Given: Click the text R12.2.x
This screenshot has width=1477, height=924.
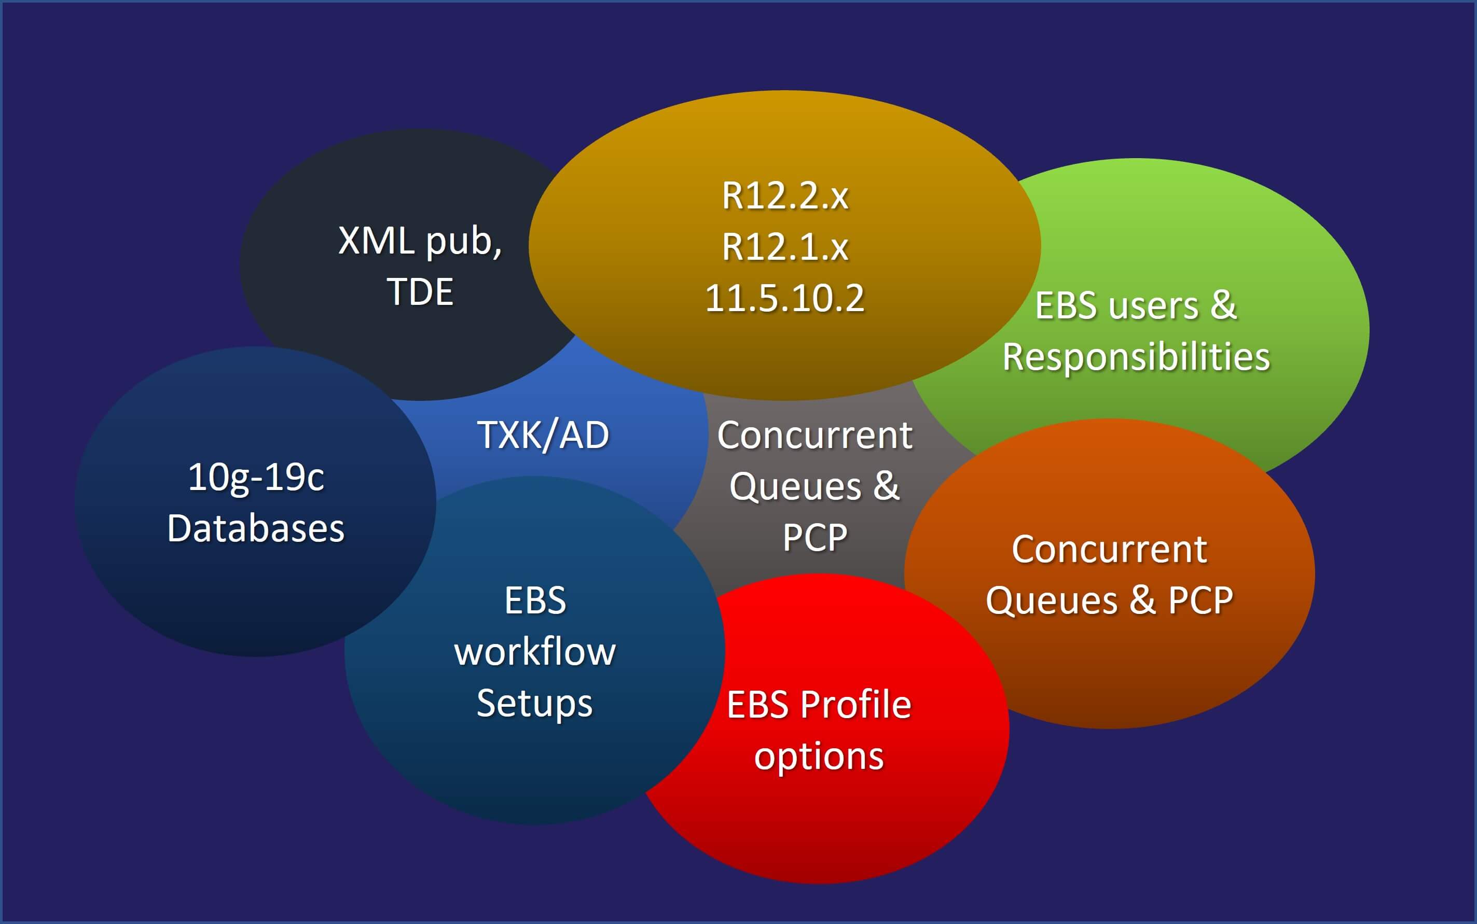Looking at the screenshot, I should pos(785,196).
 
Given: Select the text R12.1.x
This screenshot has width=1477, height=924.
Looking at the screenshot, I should pos(785,247).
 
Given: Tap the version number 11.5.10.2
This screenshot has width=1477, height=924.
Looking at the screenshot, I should pos(785,298).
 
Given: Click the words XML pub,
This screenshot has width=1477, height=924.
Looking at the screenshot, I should pos(420,241).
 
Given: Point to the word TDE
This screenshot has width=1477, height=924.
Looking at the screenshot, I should pos(420,291).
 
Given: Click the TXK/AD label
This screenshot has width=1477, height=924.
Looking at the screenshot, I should pos(543,435).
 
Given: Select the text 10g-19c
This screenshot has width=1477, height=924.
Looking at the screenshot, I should pos(256,477).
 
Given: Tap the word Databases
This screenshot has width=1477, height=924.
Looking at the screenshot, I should pos(256,528).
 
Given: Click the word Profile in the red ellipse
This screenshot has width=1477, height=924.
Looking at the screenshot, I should pos(856,705).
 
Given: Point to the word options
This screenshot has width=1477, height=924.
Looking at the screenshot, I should pos(819,757).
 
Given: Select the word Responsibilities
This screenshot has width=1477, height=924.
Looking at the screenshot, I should pos(1136,357).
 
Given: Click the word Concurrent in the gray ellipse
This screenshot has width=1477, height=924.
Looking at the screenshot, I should pos(815,435).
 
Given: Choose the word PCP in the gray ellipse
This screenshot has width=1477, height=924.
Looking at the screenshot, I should pos(815,538).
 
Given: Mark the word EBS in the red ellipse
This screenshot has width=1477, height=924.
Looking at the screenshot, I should pos(757,705).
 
